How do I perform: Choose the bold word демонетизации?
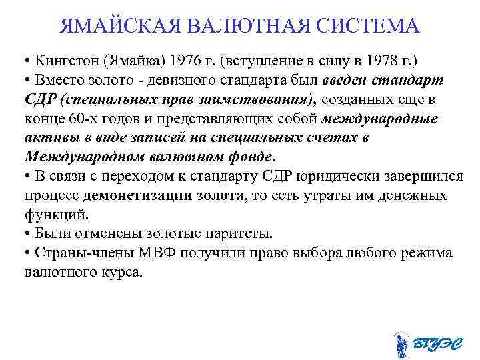137,196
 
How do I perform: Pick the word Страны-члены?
67,253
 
